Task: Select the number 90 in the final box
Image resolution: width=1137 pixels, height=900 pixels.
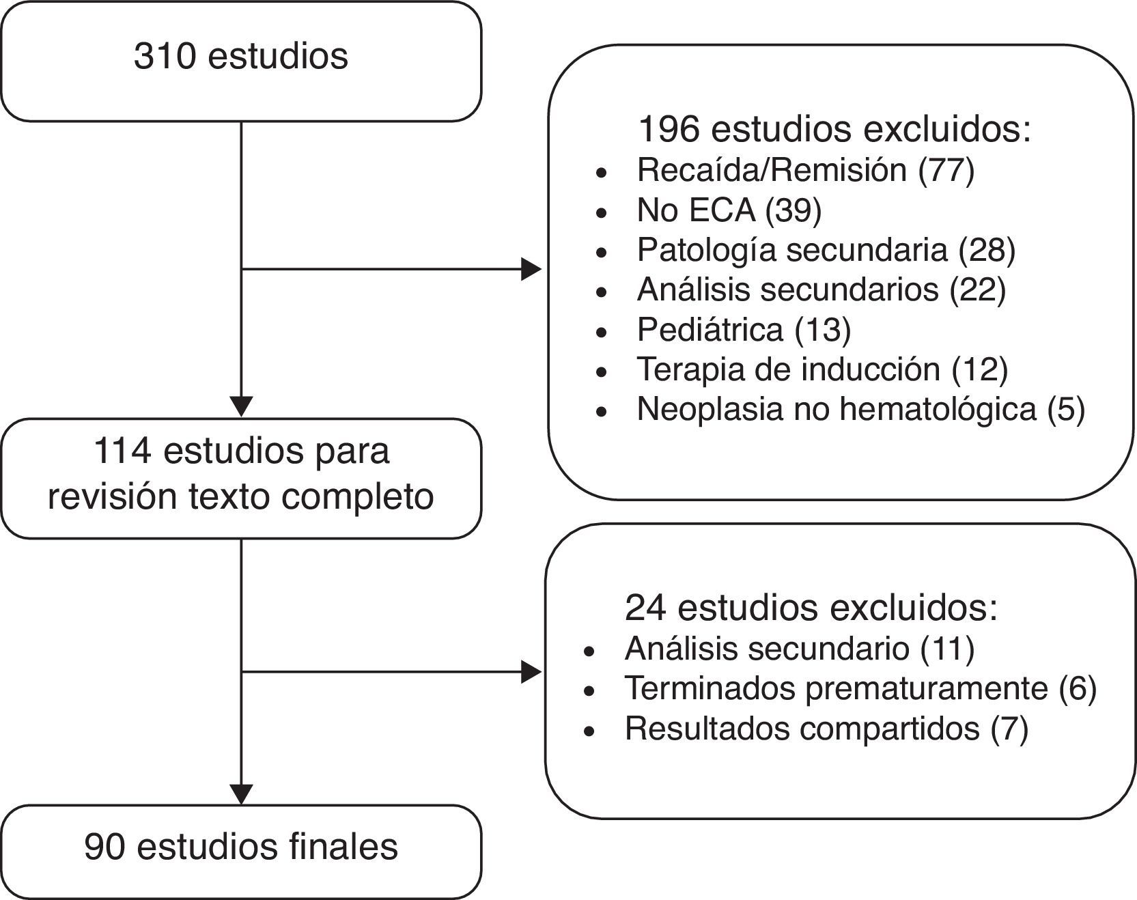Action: pos(104,847)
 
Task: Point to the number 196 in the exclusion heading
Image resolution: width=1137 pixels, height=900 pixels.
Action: pos(668,129)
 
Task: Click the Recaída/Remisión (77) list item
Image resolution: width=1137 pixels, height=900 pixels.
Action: pos(805,170)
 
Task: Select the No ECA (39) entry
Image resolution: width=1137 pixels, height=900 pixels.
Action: pos(729,210)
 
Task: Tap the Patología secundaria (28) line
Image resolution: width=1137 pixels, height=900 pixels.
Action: pos(826,250)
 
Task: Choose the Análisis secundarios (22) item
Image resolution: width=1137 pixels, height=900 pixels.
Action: pos(821,290)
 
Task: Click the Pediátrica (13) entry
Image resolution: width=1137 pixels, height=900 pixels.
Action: pos(744,330)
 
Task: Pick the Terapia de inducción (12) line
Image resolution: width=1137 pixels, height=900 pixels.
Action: pos(822,369)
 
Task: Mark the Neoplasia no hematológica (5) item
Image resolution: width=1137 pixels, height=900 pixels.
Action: pos(860,409)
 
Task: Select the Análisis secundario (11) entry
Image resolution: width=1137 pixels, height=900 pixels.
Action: pos(799,649)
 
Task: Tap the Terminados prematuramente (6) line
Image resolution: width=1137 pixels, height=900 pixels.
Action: pos(860,688)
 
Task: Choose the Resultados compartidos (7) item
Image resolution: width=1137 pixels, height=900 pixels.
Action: pos(826,729)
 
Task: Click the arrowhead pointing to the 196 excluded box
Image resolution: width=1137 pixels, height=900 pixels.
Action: pos(531,269)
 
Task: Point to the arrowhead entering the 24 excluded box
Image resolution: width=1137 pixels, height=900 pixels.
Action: pos(531,672)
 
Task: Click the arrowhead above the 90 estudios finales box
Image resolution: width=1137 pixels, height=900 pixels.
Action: pos(242,794)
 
